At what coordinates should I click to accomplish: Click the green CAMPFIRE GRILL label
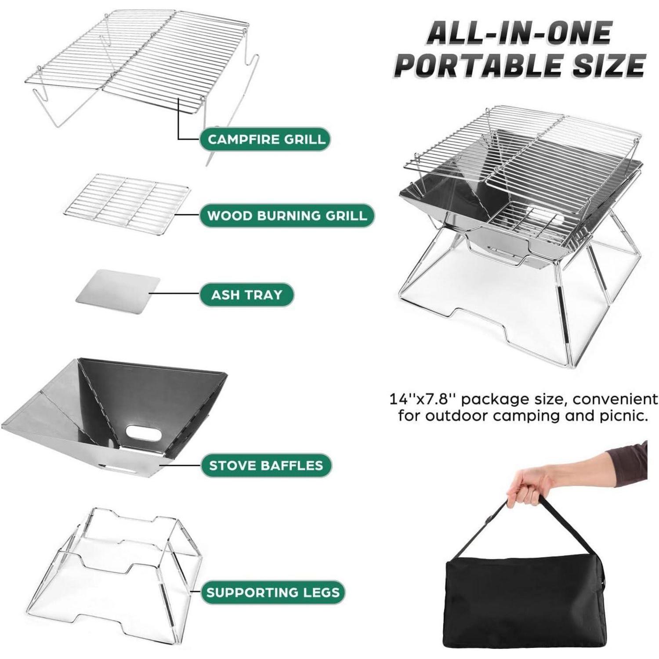tap(265, 139)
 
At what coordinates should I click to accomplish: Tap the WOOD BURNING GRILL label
tap(286, 215)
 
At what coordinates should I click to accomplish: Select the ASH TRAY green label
tap(246, 294)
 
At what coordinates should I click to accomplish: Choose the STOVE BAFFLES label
tap(266, 465)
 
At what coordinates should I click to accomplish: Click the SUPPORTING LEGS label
tap(273, 592)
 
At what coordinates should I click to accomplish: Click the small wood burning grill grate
tap(127, 202)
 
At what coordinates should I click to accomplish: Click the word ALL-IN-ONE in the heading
tap(519, 33)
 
